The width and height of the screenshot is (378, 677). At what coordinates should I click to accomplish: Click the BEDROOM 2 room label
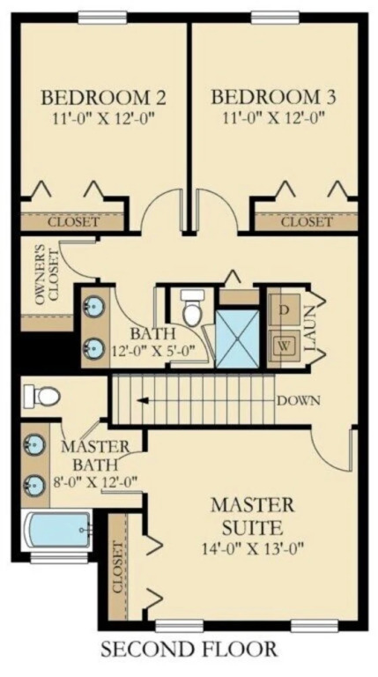pos(103,97)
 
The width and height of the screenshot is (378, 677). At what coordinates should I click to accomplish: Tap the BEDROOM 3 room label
pos(273,97)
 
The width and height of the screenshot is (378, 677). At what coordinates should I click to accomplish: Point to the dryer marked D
pos(284,309)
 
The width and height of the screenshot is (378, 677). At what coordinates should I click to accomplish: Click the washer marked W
pos(284,346)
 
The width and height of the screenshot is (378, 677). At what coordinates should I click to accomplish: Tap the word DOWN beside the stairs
pos(299,401)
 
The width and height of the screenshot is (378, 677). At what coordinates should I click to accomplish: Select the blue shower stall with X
pos(237,338)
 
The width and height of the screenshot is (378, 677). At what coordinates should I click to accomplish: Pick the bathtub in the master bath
pos(57,529)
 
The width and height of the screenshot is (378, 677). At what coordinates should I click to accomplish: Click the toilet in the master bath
pos(42,395)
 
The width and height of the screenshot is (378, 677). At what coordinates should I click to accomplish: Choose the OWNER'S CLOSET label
pos(47,276)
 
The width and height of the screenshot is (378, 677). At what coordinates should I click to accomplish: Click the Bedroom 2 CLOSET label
pos(73,223)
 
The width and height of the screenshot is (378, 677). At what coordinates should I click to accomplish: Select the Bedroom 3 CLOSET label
pos(307,223)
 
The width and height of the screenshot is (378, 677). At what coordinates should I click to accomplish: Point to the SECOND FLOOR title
pos(189,649)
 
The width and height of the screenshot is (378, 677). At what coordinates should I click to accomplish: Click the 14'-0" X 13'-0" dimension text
pos(253,549)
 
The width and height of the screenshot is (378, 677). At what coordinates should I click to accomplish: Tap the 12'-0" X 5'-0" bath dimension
pos(153,350)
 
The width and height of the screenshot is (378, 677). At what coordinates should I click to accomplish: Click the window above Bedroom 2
pos(102,17)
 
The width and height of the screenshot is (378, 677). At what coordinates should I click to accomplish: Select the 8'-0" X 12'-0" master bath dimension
pos(97,481)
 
